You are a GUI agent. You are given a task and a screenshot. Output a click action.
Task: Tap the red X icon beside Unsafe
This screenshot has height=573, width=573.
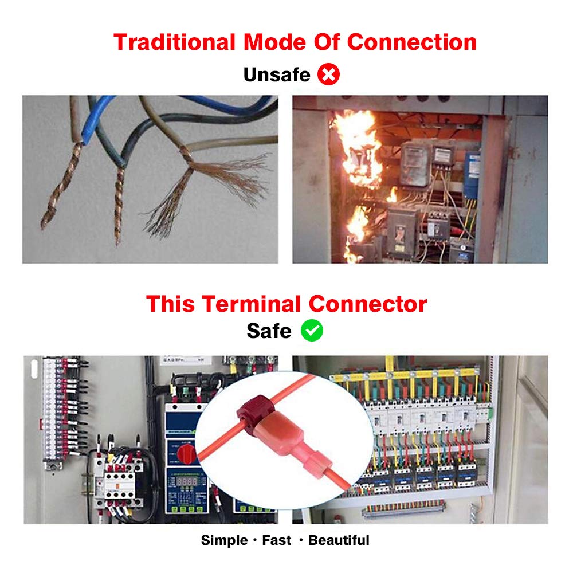pos(329,74)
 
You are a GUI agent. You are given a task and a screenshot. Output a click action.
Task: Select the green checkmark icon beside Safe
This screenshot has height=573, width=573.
pos(312,331)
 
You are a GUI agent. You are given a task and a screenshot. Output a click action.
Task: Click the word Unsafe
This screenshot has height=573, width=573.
pos(276,74)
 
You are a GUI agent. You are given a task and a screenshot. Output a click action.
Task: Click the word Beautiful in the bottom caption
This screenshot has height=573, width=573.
pos(339,540)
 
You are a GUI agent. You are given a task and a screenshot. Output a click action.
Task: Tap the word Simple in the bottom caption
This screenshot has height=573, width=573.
pos(224,540)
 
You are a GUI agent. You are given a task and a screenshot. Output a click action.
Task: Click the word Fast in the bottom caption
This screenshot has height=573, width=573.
pos(277,540)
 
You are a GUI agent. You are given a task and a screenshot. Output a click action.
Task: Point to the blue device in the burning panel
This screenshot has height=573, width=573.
pos(471,175)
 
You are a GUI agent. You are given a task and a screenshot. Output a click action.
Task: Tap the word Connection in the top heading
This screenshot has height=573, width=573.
pos(412,42)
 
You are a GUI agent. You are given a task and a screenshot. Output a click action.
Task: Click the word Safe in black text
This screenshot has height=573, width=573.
pos(269,331)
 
